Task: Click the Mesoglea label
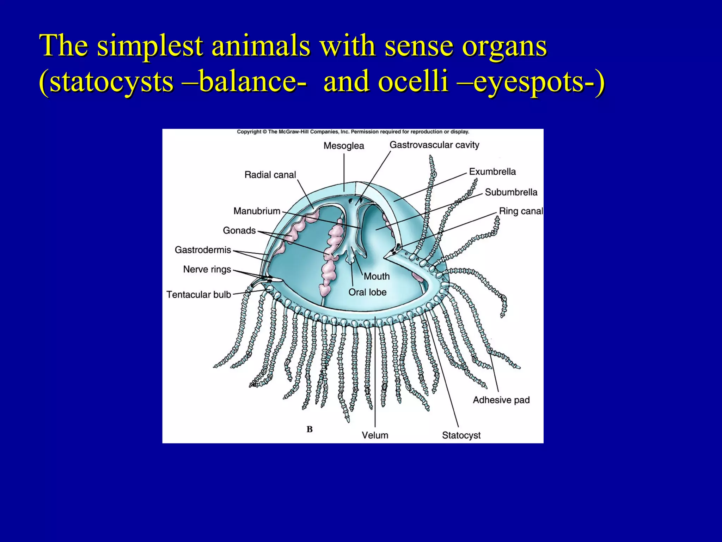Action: (344, 146)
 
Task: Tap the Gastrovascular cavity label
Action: (434, 145)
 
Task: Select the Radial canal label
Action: (270, 175)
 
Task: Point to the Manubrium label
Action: (257, 211)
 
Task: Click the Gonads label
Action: (239, 230)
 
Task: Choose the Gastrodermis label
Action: (203, 250)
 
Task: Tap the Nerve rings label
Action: (207, 269)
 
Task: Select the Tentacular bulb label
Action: (198, 294)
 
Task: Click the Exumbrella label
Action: (492, 172)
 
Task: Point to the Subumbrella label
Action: (511, 192)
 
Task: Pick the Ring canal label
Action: (521, 211)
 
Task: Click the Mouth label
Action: (377, 276)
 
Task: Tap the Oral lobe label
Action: (367, 292)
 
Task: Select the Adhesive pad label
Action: (501, 400)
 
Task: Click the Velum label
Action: (375, 435)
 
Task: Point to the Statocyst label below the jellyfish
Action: (461, 435)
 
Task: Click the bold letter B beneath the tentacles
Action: (310, 429)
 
